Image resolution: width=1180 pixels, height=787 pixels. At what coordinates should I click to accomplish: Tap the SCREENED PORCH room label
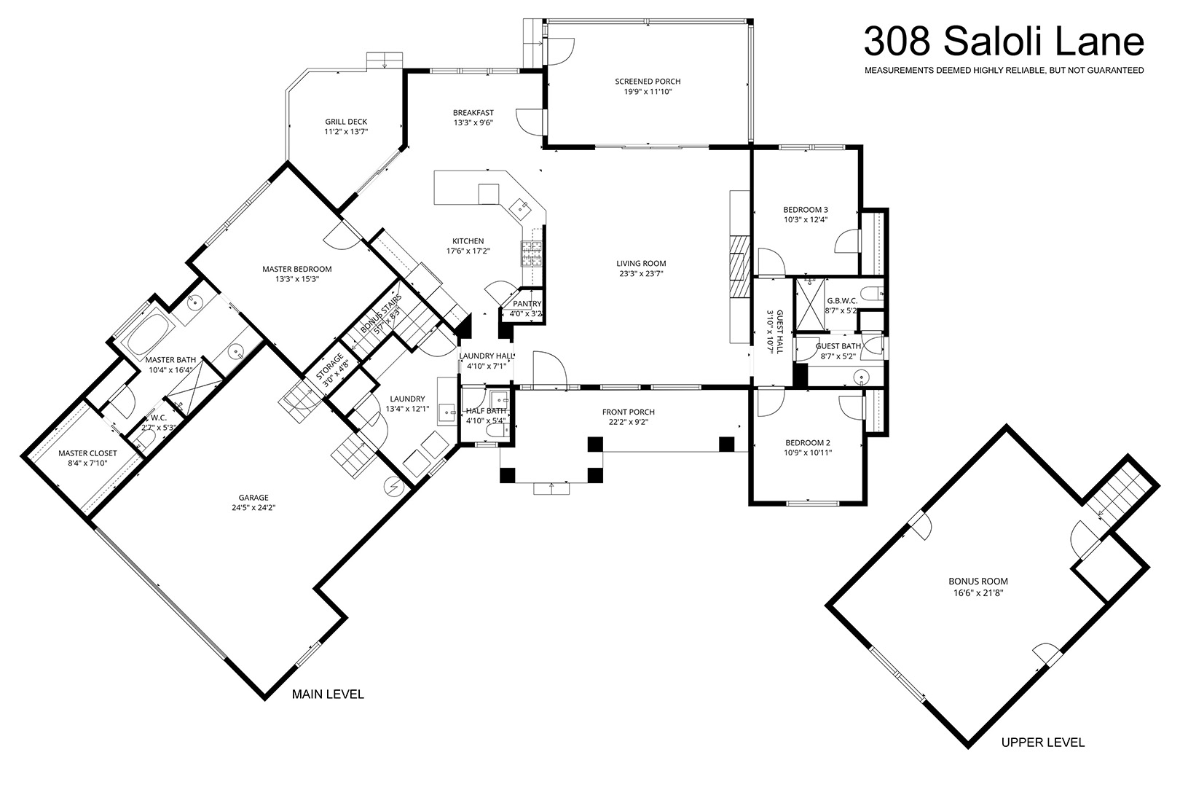[x=648, y=81]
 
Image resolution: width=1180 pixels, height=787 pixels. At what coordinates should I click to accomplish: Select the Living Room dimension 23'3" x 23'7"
[x=640, y=273]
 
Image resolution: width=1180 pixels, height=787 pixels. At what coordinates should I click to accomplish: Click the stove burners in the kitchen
[x=532, y=254]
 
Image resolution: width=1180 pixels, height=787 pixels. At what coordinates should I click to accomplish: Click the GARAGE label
[x=253, y=498]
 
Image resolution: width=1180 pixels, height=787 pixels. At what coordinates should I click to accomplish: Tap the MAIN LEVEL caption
[x=328, y=694]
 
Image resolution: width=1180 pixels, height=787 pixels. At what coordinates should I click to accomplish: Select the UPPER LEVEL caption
[x=1043, y=743]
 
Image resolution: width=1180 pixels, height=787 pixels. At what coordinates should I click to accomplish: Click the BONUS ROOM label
[x=978, y=582]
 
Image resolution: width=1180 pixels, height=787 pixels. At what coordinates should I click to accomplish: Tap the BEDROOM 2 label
[x=808, y=443]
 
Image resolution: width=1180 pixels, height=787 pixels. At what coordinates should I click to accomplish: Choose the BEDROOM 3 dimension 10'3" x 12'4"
[x=806, y=220]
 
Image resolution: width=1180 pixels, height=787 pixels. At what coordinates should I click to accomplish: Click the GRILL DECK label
[x=346, y=122]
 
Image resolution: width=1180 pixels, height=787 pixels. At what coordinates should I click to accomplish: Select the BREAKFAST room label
[x=473, y=113]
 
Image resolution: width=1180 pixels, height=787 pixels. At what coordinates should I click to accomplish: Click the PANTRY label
[x=527, y=304]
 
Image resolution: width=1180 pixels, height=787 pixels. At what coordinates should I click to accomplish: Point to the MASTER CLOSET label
[x=87, y=453]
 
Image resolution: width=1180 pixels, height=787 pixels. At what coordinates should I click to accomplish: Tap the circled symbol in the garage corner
[x=394, y=487]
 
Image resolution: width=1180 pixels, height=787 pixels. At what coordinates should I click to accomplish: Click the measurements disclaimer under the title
[x=1004, y=70]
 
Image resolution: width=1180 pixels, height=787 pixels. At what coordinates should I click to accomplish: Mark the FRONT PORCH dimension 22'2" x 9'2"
[x=629, y=422]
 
